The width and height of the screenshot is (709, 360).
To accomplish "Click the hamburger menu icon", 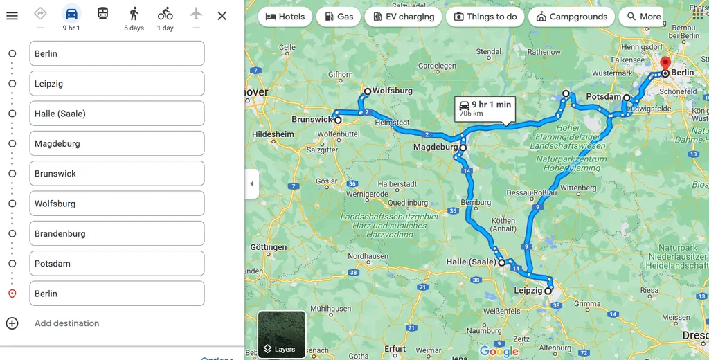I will coord(12,15).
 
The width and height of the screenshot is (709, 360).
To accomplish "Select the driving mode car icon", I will coord(71,14).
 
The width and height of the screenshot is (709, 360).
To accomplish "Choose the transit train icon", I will coord(102,13).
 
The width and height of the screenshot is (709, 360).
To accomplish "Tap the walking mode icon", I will coord(134,14).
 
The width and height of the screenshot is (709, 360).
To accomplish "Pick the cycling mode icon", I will coord(165,14).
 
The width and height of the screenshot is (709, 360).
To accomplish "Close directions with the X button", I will coord(222,15).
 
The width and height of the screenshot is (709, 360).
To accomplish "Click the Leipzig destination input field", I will coord(116,84).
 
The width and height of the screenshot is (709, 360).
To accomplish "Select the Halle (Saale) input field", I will coord(116,114).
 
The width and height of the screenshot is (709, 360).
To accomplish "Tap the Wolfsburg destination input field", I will coord(116,204).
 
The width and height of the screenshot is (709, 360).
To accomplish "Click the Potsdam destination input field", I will coord(116,264).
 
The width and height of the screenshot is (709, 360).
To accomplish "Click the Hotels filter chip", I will coord(285,17).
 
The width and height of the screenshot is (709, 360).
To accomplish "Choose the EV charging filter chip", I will coord(403,17).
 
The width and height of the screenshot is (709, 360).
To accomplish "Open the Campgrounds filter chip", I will coord(571,17).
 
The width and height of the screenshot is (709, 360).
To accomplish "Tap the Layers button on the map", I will coord(281,335).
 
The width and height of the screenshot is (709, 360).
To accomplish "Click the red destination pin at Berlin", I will coord(665,64).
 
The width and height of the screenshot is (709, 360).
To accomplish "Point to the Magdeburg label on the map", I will coord(435,147).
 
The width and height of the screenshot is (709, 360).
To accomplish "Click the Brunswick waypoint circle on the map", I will coord(338,120).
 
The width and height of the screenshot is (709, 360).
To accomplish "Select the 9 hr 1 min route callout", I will coord(485,109).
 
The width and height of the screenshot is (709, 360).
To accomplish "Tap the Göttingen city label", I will coord(268,247).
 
